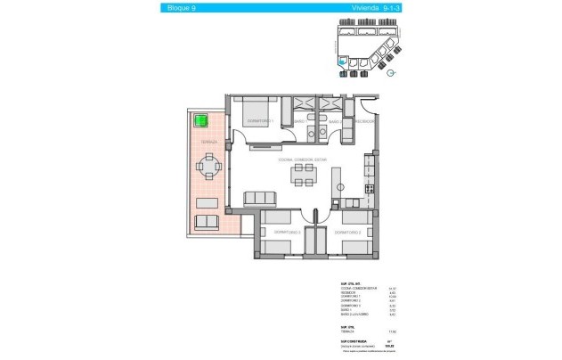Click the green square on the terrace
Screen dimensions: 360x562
[x=200, y=119]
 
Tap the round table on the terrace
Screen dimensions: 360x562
[x=208, y=167]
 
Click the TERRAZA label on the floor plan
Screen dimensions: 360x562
[x=208, y=143]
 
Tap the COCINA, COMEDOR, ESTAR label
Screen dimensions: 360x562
[x=304, y=160]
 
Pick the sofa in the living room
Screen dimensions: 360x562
[x=261, y=197]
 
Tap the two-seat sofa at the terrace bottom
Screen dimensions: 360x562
[x=207, y=222]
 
